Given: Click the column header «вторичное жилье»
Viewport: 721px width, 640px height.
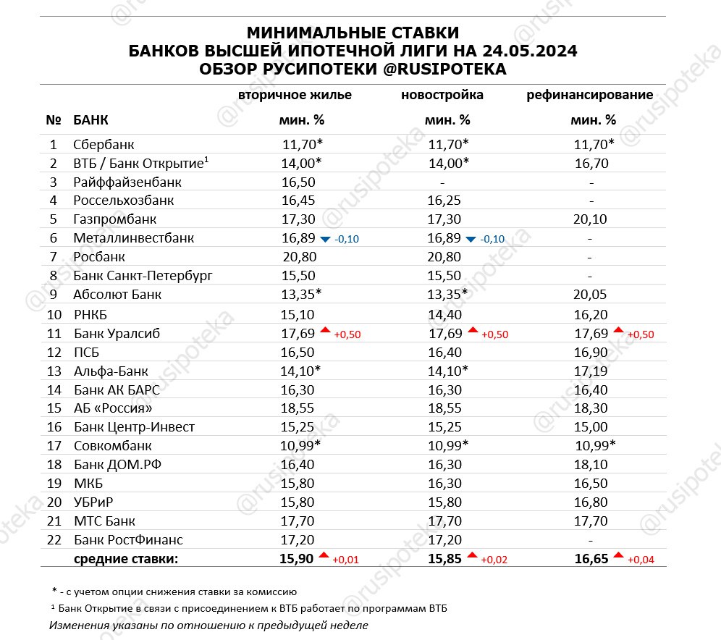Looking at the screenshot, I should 295,95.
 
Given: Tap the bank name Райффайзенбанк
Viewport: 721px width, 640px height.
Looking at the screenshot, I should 127,182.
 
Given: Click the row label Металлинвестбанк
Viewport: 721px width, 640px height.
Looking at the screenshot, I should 134,238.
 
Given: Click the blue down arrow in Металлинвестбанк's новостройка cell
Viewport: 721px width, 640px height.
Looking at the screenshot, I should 471,238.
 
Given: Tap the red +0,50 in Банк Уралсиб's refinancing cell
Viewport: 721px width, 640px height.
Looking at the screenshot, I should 641,335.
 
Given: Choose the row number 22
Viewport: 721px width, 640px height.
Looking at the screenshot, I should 53,539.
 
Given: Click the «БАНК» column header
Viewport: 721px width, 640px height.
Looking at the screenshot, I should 91,120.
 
